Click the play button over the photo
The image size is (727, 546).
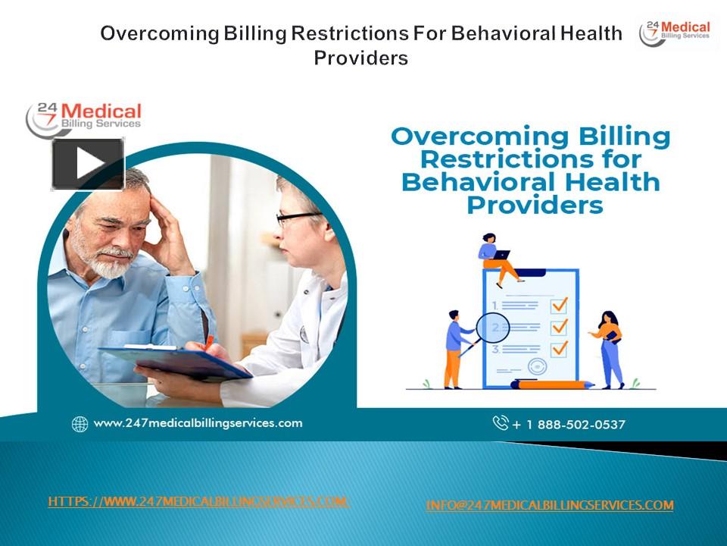tap(88, 164)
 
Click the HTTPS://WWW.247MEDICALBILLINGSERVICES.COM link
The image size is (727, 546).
tap(198, 501)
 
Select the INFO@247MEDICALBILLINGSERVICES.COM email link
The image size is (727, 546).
tap(549, 505)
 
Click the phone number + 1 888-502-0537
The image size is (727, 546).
tap(569, 424)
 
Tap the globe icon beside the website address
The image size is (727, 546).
tap(80, 424)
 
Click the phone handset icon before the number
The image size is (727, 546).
tap(501, 422)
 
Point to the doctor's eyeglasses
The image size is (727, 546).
tap(298, 218)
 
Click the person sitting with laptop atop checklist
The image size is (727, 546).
tap(496, 258)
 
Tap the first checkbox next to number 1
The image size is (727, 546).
tap(559, 305)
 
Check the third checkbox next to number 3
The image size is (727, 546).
tap(559, 349)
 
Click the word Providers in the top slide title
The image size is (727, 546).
tap(361, 58)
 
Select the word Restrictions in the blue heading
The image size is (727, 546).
tap(530, 160)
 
